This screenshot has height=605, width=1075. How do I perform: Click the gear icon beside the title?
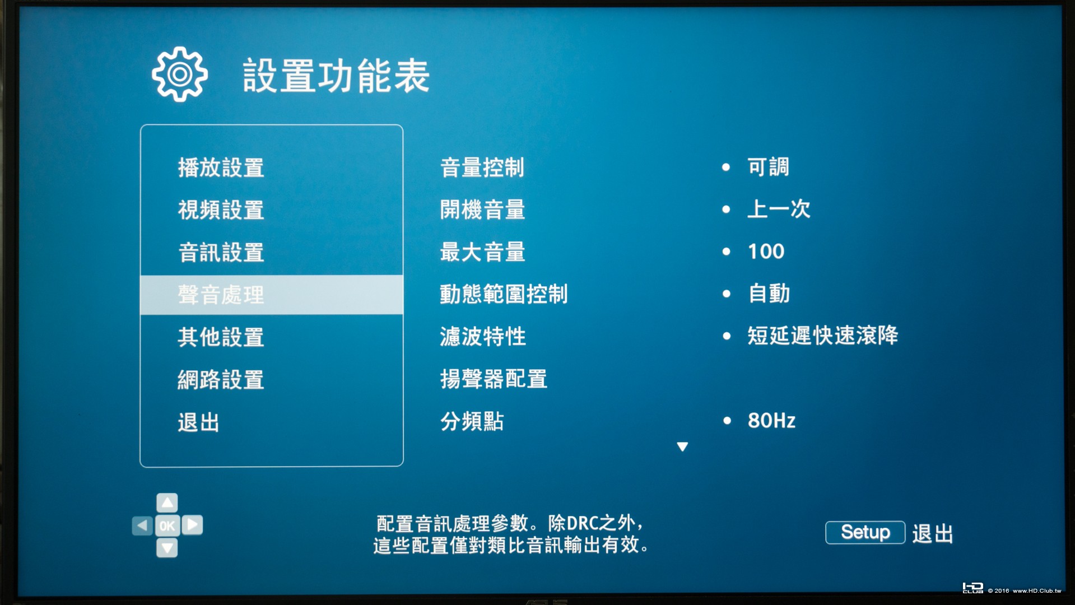point(179,74)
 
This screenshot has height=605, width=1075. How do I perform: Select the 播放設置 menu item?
point(221,167)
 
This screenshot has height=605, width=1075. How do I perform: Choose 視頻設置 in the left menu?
point(221,210)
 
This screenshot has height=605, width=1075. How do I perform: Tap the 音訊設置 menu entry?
point(221,252)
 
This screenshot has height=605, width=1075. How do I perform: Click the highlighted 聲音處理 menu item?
point(221,295)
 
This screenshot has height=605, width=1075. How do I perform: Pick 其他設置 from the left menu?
point(221,337)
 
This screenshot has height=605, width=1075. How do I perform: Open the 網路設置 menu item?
point(221,380)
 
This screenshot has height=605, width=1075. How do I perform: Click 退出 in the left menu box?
point(198,422)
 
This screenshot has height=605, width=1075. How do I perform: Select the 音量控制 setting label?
point(482,167)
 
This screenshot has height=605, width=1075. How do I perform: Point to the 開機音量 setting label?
point(482,210)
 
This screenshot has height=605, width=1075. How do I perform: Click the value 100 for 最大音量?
point(766,252)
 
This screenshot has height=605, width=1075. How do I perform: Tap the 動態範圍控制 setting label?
point(504,294)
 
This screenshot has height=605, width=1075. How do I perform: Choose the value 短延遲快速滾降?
point(822,336)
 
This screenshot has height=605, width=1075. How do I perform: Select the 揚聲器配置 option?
point(494,379)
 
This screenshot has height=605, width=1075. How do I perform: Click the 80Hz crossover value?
point(771,421)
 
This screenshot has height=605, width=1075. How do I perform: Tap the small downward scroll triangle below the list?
point(682,446)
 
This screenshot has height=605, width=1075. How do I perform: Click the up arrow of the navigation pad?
point(167,503)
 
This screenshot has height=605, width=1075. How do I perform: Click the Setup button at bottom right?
point(865,532)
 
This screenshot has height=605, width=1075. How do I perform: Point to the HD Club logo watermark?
point(972,588)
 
